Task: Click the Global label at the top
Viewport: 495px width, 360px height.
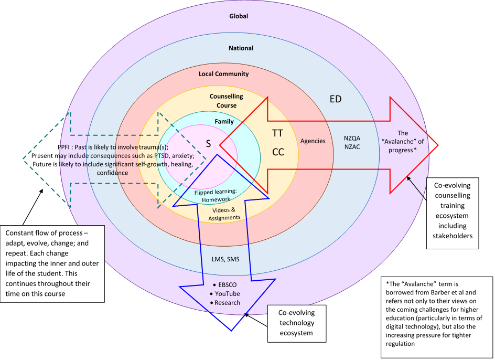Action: point(239,16)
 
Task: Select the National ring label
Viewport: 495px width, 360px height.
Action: point(241,48)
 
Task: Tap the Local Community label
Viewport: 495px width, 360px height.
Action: point(223,74)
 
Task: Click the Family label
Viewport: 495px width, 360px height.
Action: point(224,122)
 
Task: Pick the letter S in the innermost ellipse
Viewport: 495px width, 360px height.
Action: point(208,144)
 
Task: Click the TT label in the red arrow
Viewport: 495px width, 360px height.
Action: point(278,133)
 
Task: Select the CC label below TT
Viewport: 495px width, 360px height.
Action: point(278,152)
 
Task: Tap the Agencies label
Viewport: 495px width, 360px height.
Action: point(313,141)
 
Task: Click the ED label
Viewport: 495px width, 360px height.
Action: point(335,99)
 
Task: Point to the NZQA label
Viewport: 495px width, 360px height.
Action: point(352,137)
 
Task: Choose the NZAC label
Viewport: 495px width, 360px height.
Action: point(352,147)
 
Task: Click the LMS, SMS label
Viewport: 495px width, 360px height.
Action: point(226,259)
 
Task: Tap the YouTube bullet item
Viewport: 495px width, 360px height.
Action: point(227,293)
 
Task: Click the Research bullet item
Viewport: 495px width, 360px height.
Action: point(227,302)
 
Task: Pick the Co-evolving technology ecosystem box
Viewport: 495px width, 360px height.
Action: point(297,322)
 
